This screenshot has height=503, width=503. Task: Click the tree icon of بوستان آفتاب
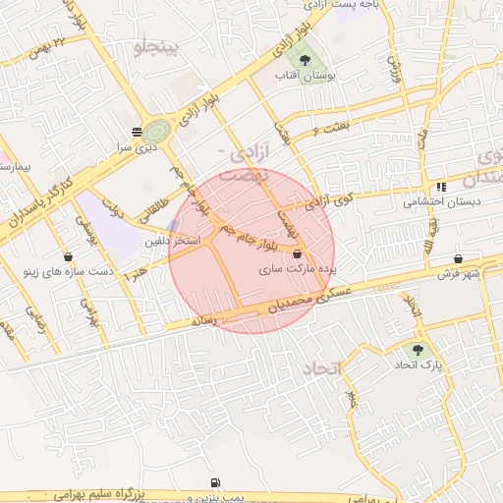315,60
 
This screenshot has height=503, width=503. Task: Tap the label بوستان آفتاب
315,77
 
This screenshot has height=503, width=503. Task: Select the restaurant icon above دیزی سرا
135,130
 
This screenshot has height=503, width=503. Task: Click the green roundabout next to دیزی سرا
156,129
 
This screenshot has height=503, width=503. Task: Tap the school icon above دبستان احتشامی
442,187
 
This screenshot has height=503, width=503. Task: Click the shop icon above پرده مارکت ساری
298,252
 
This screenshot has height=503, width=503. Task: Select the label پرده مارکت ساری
304,268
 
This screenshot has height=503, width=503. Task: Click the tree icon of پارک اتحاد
419,350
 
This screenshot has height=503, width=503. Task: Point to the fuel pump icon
215,483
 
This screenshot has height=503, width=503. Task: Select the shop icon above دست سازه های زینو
79,254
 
